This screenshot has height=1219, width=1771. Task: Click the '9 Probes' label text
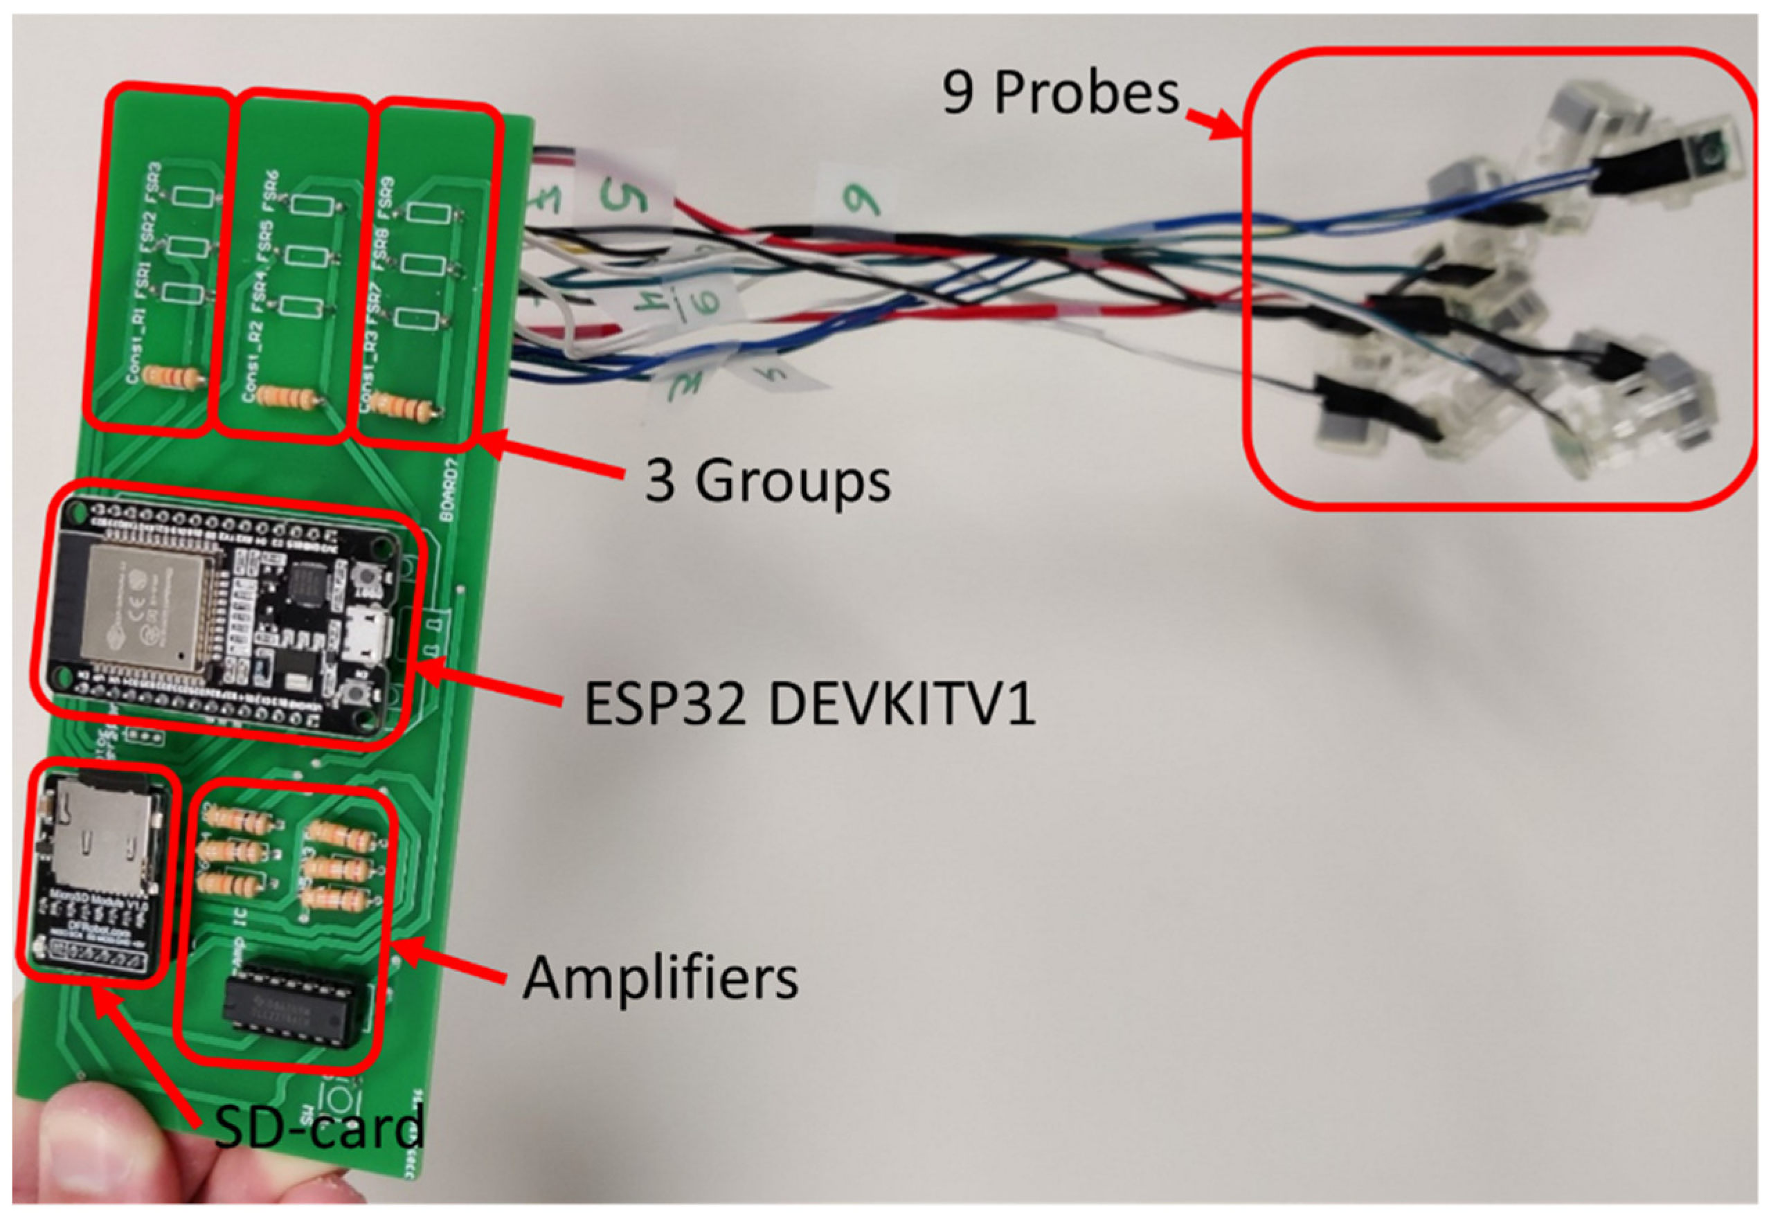pyautogui.click(x=1060, y=94)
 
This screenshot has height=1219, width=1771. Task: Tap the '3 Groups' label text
pyautogui.click(x=768, y=481)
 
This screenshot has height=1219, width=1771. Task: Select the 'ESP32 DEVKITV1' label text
pyautogui.click(x=809, y=704)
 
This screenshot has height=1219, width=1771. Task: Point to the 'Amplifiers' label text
pyautogui.click(x=660, y=978)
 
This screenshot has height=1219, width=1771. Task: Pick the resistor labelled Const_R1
pyautogui.click(x=172, y=378)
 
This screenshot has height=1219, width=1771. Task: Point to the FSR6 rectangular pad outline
pyautogui.click(x=310, y=205)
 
